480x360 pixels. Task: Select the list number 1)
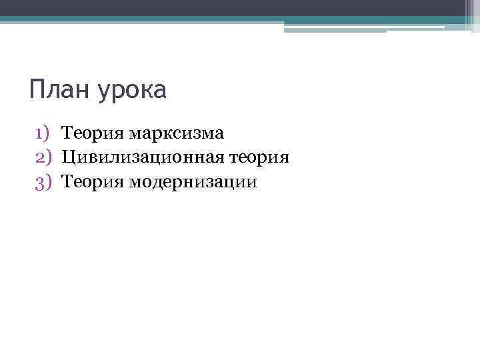[x=43, y=133]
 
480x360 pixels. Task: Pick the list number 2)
[x=43, y=157]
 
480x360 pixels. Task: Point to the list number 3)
[x=43, y=181]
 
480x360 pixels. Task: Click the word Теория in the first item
[x=93, y=133]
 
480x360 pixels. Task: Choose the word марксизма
[x=177, y=133]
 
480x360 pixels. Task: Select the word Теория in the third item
[x=93, y=181]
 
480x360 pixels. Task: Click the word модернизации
[x=193, y=181]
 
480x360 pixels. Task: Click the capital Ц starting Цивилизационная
[x=68, y=157]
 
